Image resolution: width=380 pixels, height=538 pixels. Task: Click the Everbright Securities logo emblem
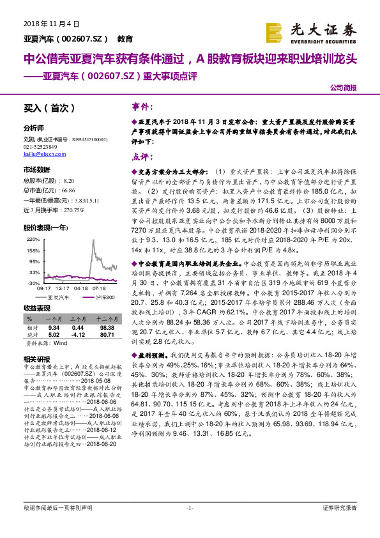click(273, 31)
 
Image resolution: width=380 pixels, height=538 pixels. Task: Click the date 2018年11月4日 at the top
click(46, 24)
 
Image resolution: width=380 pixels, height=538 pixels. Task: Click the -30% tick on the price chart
click(33, 282)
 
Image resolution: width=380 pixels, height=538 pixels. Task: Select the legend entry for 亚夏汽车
click(61, 297)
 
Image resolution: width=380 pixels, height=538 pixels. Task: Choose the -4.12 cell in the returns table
click(78, 333)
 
